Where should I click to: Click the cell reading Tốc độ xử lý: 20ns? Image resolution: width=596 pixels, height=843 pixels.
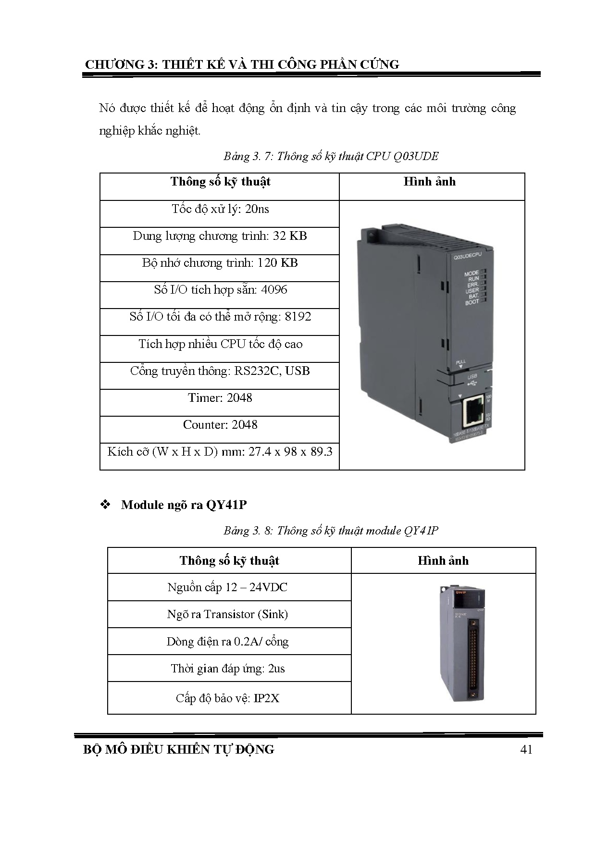[220, 210]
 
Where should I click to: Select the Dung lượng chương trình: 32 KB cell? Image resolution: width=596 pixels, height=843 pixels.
[220, 236]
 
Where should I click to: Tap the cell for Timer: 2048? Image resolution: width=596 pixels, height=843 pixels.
[220, 398]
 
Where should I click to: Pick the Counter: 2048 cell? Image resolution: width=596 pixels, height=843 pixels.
[220, 425]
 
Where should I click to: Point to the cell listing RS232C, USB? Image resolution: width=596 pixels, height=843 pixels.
[220, 371]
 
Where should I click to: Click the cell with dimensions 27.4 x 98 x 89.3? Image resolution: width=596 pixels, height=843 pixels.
[220, 452]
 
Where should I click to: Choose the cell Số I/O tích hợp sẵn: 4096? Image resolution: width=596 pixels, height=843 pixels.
[220, 290]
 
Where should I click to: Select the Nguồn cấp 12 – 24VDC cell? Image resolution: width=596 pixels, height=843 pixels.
[227, 587]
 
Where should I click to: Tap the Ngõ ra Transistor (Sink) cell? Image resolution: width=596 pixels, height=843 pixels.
[227, 614]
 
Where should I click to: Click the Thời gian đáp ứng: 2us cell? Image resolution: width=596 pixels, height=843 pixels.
[227, 669]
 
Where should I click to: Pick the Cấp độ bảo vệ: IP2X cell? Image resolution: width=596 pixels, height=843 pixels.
[227, 698]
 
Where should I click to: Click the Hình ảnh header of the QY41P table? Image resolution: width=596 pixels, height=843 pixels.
[443, 561]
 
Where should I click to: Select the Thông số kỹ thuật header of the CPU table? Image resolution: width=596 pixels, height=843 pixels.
[220, 182]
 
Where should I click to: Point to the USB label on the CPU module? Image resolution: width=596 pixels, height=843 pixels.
[472, 377]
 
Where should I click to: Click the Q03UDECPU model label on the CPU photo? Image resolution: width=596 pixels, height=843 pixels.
[467, 257]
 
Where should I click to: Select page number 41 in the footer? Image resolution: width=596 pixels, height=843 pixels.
[526, 750]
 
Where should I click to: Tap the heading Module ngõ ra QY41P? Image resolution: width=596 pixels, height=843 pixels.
[184, 505]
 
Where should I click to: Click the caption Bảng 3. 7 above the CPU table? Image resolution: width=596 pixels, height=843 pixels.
[331, 156]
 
